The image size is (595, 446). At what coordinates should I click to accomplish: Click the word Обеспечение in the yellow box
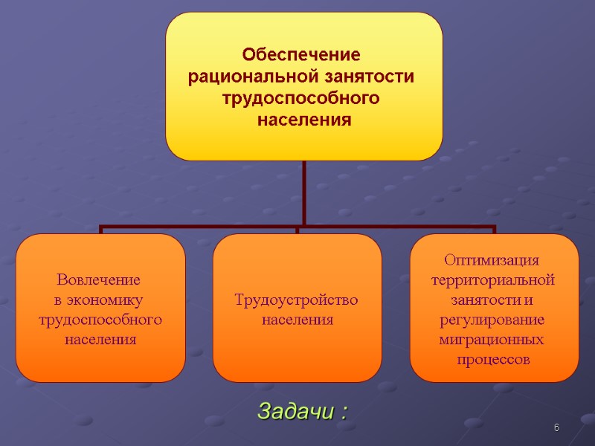(x=302, y=55)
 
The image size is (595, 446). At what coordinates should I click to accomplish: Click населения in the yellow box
(x=303, y=120)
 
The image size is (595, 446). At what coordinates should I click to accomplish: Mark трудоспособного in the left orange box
(x=100, y=320)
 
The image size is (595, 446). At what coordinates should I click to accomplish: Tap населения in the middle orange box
(x=297, y=320)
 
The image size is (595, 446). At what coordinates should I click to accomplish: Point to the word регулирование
(x=493, y=320)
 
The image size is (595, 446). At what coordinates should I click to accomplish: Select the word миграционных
(x=493, y=340)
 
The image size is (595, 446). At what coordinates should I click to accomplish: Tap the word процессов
(x=493, y=360)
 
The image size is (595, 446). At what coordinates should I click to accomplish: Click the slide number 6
(x=556, y=428)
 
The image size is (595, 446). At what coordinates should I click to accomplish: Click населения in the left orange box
(x=100, y=340)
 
